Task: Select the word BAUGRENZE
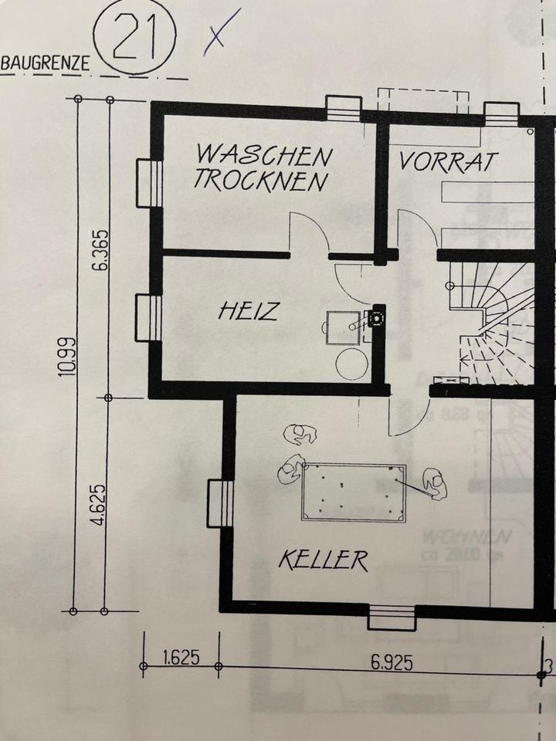tap(45, 64)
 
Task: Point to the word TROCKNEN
tap(260, 180)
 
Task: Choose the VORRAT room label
tap(449, 161)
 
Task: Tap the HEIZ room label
tap(248, 312)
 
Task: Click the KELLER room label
tap(324, 560)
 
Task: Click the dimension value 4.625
tap(99, 505)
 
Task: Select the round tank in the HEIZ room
tap(351, 364)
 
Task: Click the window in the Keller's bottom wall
tap(392, 617)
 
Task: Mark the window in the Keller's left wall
tap(220, 504)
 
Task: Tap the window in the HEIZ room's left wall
tap(148, 317)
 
